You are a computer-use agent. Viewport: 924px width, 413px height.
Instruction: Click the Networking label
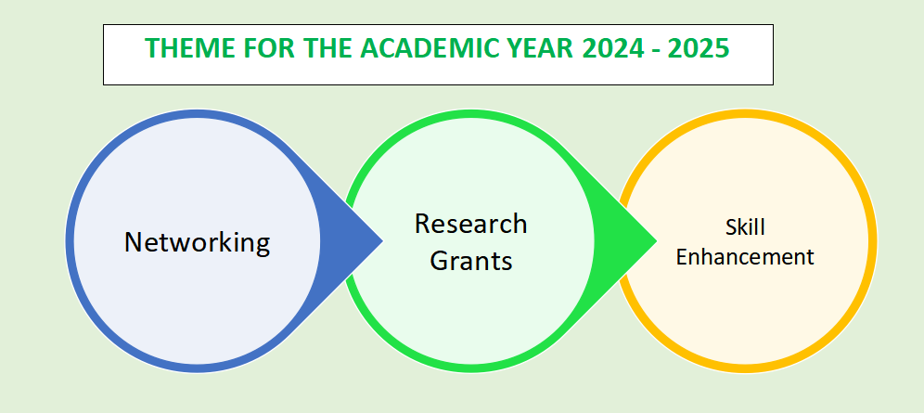(x=197, y=243)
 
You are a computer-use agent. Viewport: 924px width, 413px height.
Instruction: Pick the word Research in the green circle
(x=471, y=224)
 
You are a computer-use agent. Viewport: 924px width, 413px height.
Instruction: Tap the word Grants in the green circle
(x=471, y=260)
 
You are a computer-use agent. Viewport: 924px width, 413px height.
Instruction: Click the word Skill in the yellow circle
(x=745, y=227)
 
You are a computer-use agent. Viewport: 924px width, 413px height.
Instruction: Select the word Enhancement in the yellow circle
(x=745, y=257)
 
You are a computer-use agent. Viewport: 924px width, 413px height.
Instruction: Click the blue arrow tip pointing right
(x=383, y=240)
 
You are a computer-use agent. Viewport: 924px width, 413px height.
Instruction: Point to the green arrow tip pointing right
(x=657, y=240)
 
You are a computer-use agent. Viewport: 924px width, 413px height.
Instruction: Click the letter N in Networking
(x=134, y=242)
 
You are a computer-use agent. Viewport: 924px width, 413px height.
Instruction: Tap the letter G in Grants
(x=440, y=260)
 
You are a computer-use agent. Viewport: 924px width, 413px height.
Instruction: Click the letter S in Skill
(x=731, y=227)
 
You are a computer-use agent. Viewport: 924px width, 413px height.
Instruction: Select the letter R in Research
(x=423, y=224)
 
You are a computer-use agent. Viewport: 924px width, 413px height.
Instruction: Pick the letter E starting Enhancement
(x=681, y=257)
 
